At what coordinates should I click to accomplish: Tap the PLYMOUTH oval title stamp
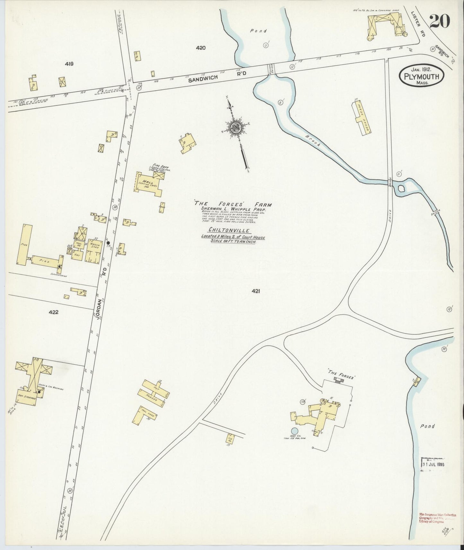click(422, 76)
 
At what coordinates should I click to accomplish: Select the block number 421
click(256, 291)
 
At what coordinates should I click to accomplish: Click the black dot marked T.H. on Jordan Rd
click(109, 243)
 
